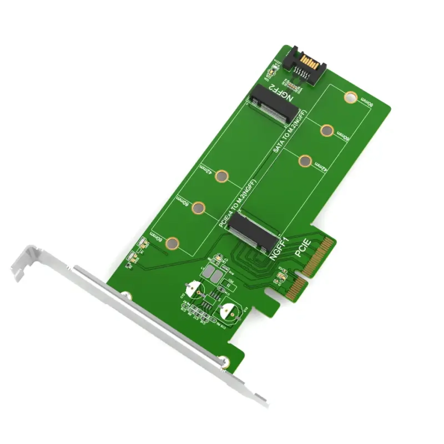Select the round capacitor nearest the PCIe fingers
click(x=229, y=312)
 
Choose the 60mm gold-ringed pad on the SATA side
click(x=327, y=130)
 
